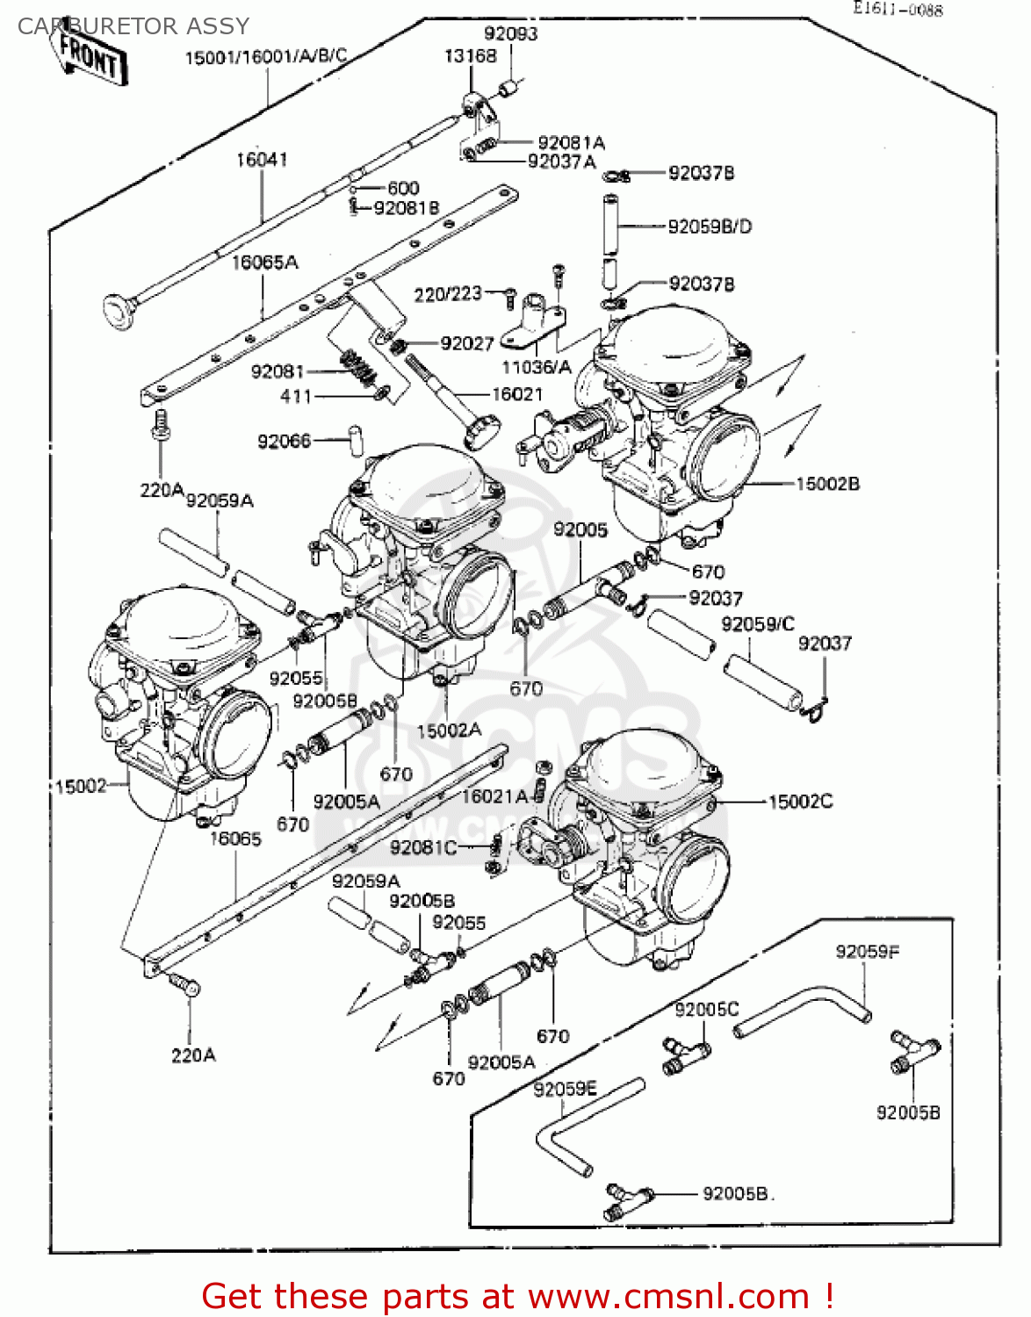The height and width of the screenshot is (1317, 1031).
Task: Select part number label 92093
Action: (x=510, y=34)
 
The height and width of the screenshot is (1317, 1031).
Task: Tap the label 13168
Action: (x=470, y=56)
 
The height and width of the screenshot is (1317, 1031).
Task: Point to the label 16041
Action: (x=261, y=160)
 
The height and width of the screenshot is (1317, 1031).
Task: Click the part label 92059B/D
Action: (x=710, y=227)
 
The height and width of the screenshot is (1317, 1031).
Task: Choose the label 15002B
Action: (x=827, y=484)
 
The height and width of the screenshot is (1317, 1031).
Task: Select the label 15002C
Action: (x=800, y=802)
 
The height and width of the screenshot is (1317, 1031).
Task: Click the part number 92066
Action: (x=284, y=441)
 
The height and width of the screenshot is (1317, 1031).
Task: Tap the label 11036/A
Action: (x=536, y=367)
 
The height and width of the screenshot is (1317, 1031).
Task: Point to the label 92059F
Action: (x=867, y=952)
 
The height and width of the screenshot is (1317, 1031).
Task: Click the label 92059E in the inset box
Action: (x=565, y=1090)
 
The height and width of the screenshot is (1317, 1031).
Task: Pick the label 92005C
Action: (x=706, y=1010)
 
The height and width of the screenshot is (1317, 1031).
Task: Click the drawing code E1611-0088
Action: (x=898, y=10)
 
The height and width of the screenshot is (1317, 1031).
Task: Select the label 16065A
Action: (x=264, y=263)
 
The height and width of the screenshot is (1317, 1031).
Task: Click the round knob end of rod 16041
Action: (x=118, y=311)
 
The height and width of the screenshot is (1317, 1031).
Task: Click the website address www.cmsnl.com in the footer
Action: (x=668, y=1296)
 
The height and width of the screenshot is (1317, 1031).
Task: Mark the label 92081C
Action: (x=423, y=847)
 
